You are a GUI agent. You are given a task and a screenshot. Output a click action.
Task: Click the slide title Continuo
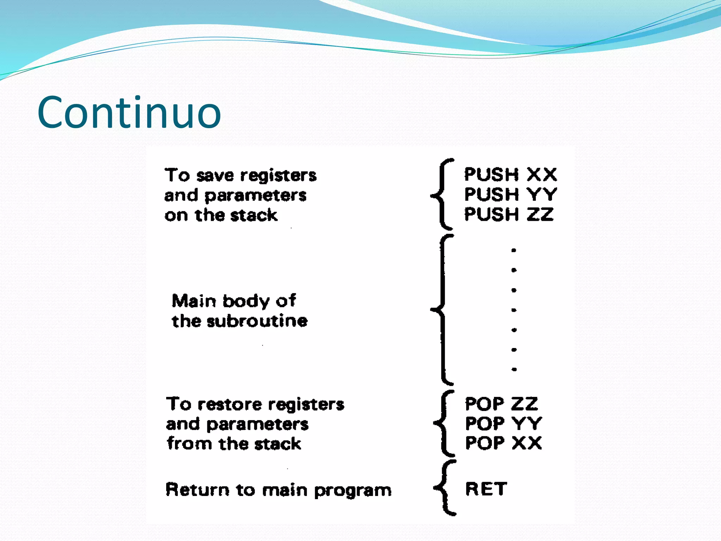tap(129, 113)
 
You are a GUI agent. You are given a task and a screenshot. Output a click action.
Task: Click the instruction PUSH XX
tap(510, 175)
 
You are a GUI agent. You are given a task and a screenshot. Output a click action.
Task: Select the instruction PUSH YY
tap(510, 194)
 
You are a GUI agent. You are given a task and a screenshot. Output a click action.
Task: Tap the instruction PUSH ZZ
tap(509, 214)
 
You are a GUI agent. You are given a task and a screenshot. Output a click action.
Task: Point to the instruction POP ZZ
tap(501, 404)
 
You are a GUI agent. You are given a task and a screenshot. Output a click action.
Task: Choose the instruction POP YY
tap(503, 424)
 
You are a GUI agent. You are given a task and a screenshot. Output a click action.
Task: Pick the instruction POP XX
tap(503, 443)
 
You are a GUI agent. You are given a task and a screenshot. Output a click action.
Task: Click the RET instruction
tap(486, 489)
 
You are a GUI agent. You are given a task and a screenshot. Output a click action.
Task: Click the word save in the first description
tap(215, 175)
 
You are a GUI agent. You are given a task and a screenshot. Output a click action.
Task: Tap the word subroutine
tap(257, 321)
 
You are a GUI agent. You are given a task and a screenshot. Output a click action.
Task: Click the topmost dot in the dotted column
tap(514, 250)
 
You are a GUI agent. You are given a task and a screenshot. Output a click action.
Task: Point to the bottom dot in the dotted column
tap(514, 369)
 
